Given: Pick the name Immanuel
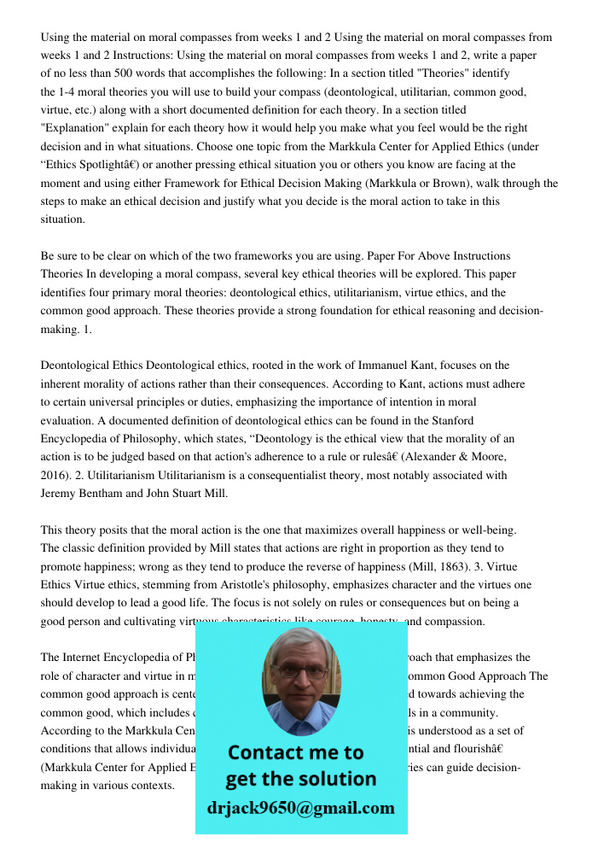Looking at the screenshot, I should pyautogui.click(x=421, y=366).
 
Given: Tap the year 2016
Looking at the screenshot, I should pyautogui.click(x=55, y=476).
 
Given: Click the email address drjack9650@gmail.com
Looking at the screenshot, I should pyautogui.click(x=301, y=808).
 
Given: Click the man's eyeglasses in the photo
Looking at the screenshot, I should pyautogui.click(x=301, y=672).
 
